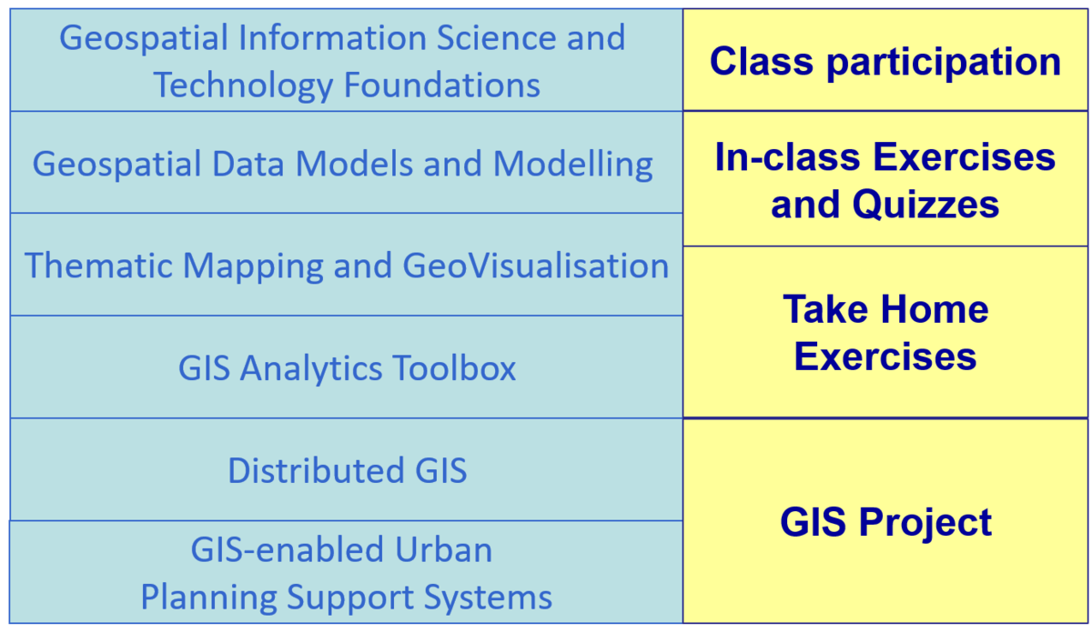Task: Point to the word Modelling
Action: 573,164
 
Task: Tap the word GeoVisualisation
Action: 535,266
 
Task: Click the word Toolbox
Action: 454,368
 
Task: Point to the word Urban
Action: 444,549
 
